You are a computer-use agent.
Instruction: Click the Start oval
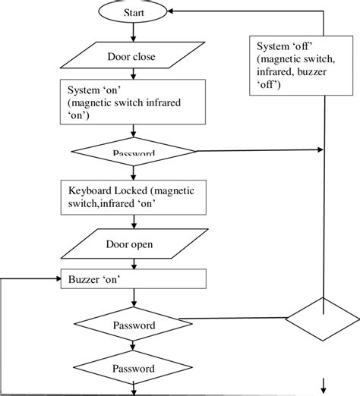tap(134, 13)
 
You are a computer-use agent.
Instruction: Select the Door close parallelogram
tap(134, 55)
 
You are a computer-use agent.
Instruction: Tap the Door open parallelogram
tap(134, 245)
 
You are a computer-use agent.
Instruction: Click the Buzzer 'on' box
tap(134, 279)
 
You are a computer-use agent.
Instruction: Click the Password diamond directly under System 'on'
tap(134, 152)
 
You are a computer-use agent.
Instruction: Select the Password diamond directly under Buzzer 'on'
tap(134, 325)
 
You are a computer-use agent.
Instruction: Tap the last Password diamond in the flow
tap(134, 369)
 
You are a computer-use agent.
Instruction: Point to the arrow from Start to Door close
tap(134, 33)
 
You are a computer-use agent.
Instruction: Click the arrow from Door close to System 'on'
tap(134, 73)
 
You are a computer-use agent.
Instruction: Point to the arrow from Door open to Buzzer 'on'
tap(134, 263)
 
